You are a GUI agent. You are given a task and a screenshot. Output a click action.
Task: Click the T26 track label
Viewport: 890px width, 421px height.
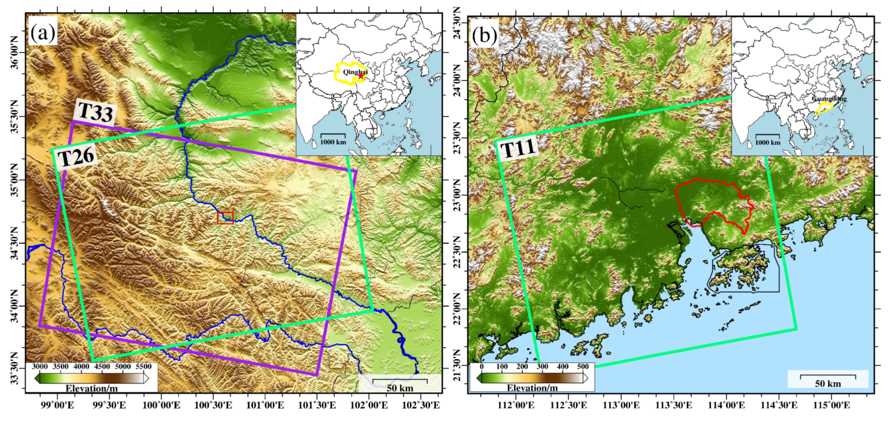click(76, 157)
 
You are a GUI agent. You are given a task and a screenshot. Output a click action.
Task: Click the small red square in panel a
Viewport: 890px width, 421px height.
click(225, 218)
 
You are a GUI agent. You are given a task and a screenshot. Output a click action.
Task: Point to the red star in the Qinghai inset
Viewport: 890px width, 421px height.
click(361, 76)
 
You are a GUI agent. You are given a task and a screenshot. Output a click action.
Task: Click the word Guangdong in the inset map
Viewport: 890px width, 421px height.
click(829, 99)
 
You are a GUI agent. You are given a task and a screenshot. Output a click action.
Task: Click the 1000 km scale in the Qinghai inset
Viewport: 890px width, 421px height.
click(333, 138)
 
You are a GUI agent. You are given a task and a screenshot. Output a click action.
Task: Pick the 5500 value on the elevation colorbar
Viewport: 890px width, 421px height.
click(143, 367)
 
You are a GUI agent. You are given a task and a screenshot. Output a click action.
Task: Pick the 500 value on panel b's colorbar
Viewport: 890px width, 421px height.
click(583, 367)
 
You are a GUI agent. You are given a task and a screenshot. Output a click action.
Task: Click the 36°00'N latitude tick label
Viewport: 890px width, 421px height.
click(15, 52)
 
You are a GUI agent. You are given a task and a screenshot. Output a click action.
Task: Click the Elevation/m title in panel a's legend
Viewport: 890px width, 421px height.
click(92, 388)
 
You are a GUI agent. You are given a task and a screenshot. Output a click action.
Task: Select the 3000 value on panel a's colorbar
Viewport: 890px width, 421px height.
click(40, 367)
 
